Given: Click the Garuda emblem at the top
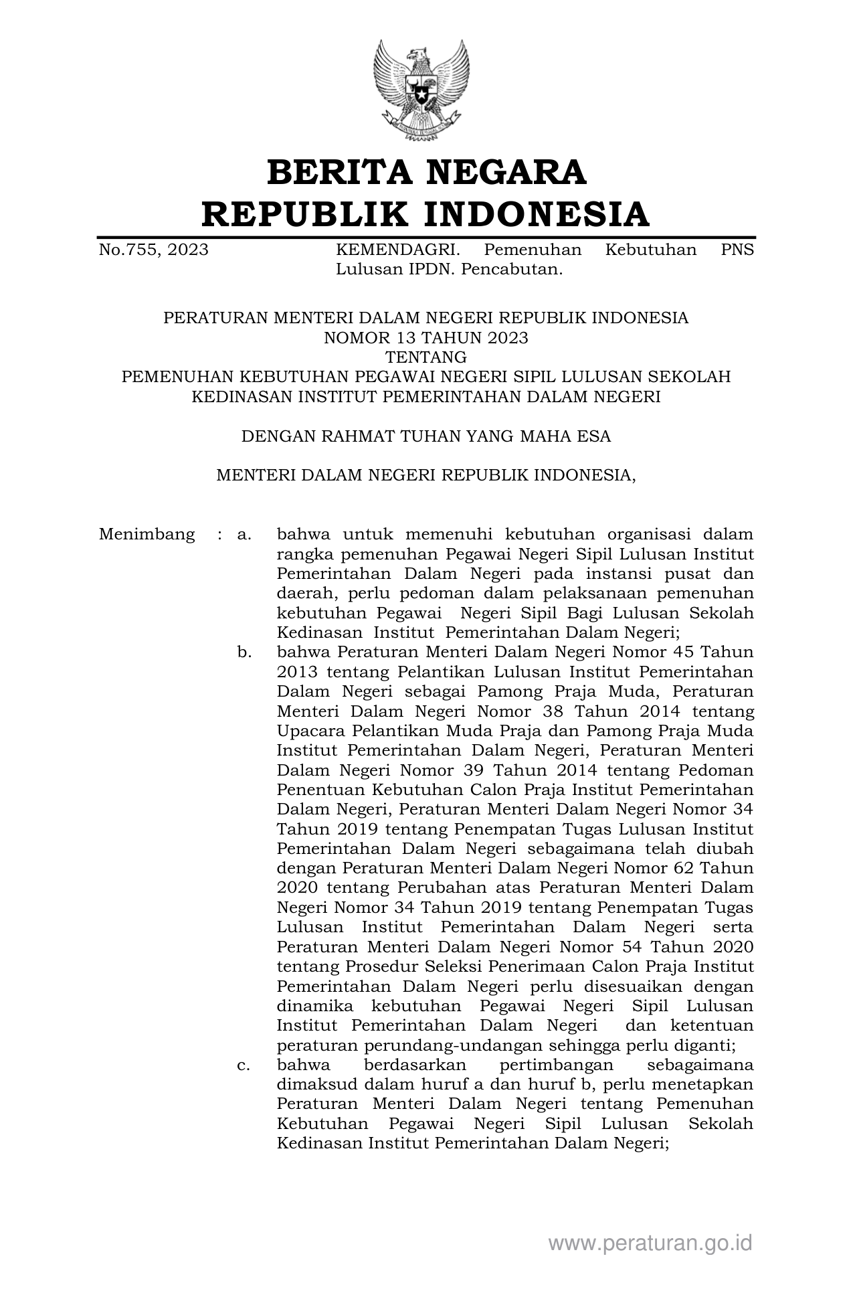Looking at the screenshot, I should point(421,89).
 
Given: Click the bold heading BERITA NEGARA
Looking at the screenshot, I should point(426,173).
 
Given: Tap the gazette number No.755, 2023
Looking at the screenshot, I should point(153,250).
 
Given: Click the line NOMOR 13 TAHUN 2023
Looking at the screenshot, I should point(425,337).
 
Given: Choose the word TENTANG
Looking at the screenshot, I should point(425,357).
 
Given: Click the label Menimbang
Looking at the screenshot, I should point(147,535).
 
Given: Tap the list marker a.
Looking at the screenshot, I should point(244,535).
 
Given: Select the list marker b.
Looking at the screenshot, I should point(244,652).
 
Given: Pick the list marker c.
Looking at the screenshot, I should point(244,1065).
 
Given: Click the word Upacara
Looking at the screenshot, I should point(310,730).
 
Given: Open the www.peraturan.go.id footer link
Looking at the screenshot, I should point(650,1243).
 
